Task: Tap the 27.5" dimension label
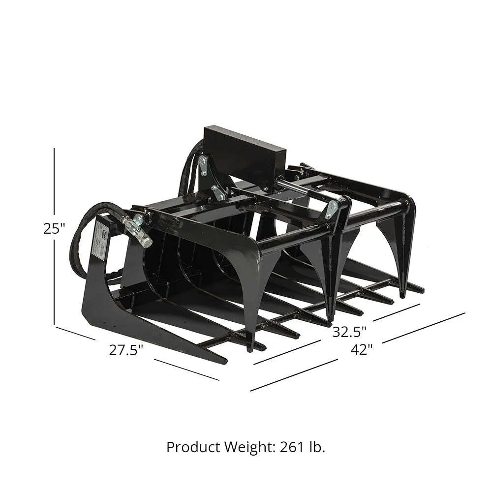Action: coord(126,350)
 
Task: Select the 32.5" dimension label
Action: coord(349,332)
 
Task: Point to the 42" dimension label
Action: coord(362,349)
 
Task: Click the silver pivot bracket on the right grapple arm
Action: coord(331,209)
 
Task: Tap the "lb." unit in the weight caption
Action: coord(318,447)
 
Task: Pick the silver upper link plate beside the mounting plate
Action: coord(203,165)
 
